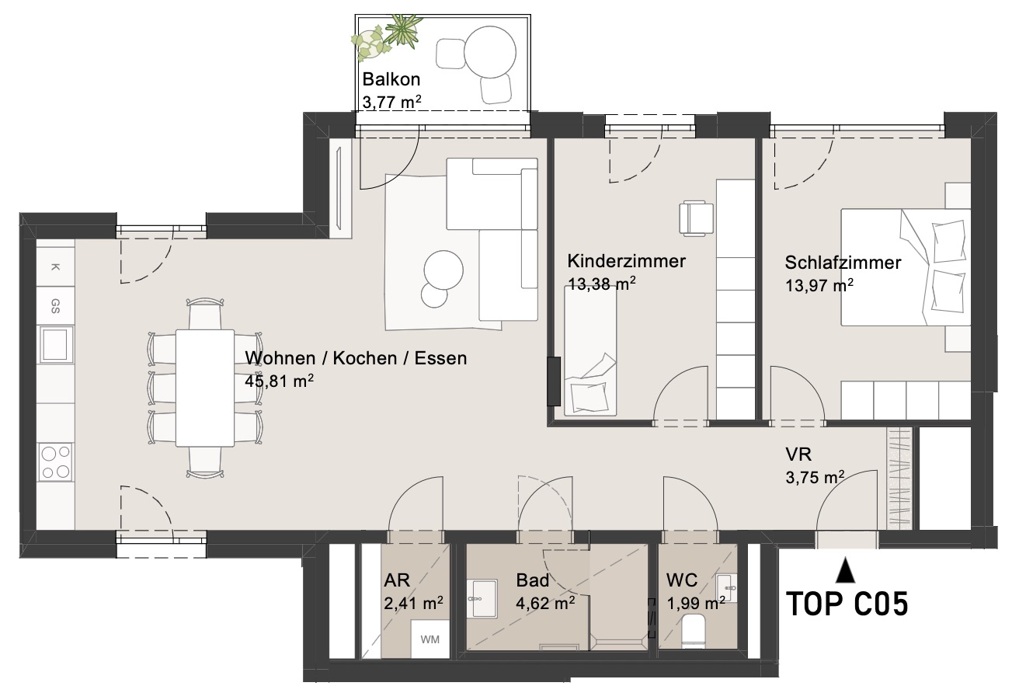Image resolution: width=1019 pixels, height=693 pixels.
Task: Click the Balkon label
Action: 391,79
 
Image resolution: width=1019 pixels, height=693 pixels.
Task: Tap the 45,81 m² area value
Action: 279,381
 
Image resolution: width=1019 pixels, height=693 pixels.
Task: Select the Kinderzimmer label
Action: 627,261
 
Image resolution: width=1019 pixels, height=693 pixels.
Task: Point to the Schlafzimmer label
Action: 843,263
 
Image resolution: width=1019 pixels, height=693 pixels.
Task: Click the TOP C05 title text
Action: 847,604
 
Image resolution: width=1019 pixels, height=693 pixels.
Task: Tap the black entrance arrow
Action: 845,569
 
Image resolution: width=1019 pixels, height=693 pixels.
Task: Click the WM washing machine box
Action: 430,639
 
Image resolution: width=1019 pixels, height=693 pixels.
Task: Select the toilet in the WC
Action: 694,631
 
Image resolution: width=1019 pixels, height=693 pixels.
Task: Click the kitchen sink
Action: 57,344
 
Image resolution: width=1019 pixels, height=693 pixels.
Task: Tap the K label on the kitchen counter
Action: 55,267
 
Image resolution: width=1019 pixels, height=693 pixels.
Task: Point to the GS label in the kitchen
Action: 55,306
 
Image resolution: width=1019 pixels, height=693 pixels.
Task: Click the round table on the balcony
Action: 490,52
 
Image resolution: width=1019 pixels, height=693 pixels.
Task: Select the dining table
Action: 205,388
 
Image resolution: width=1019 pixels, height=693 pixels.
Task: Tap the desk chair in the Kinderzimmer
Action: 696,218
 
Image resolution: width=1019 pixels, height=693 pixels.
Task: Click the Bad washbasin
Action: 482,598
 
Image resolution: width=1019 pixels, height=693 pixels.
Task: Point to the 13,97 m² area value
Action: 819,285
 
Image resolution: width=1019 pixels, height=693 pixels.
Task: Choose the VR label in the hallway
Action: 798,454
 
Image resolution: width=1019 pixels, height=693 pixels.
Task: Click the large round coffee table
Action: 443,270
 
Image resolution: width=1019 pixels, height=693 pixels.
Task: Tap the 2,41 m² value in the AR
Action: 413,604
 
